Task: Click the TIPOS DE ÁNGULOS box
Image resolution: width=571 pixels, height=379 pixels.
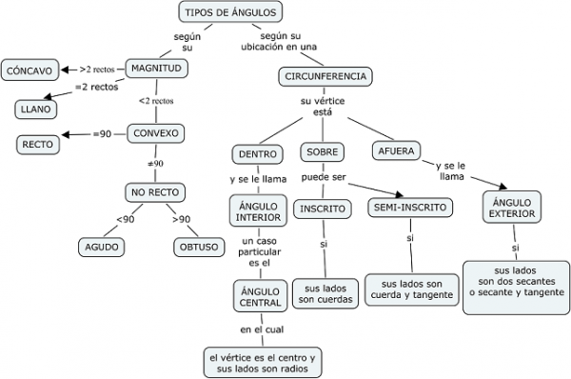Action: click(x=229, y=12)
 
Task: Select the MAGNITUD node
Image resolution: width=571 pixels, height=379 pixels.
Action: click(x=157, y=69)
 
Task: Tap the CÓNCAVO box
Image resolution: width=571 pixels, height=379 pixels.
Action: click(x=30, y=70)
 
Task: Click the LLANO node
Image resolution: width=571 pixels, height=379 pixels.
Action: click(x=35, y=109)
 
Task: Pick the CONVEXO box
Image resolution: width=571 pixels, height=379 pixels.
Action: click(x=157, y=133)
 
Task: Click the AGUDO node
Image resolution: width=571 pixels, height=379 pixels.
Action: click(x=103, y=247)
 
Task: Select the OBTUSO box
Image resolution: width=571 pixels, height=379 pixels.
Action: click(x=197, y=247)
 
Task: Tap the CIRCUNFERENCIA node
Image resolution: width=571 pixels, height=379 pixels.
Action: click(x=326, y=76)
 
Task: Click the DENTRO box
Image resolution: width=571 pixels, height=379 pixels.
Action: click(x=257, y=153)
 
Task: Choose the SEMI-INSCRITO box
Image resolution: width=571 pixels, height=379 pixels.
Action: click(x=411, y=207)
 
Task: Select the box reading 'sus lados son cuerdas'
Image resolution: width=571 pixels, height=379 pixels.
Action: click(x=324, y=292)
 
